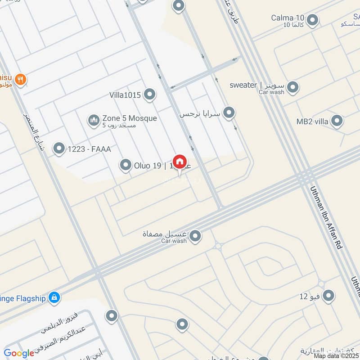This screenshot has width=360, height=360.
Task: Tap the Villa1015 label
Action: point(125,95)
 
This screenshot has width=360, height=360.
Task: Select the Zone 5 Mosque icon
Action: point(94,121)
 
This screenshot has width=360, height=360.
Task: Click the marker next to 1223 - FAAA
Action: point(59,148)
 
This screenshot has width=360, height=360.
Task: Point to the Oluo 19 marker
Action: point(126,166)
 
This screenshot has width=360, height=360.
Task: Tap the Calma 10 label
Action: point(288,18)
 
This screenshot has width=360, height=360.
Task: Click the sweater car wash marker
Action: point(293,87)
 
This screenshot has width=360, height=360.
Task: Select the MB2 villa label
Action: point(312,121)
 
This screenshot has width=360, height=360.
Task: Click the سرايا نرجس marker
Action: point(229,113)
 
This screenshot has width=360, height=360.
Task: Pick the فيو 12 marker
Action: point(329,295)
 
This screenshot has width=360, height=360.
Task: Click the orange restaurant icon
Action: point(20,80)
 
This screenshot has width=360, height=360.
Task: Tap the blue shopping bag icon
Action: point(54,297)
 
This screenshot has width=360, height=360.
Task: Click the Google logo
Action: point(19,353)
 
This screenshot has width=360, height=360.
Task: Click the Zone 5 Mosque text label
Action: point(130,118)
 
